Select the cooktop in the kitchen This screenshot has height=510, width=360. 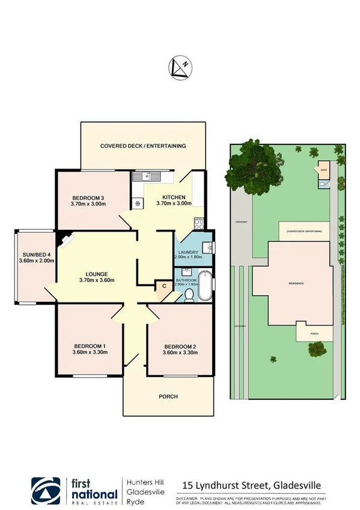click(x=138, y=203)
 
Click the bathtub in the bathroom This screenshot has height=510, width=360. click(x=206, y=286)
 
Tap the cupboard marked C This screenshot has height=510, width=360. click(x=164, y=286)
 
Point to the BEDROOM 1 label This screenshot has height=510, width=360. click(x=90, y=346)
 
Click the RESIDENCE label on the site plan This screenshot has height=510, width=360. click(x=296, y=283)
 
